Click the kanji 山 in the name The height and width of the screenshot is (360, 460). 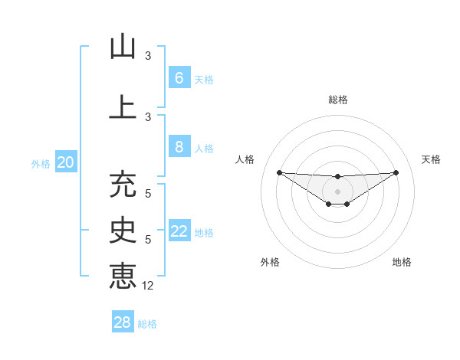click(x=123, y=47)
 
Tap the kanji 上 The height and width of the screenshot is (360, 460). click(x=123, y=106)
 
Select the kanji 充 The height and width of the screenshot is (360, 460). click(x=123, y=185)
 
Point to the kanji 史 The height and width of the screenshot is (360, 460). click(x=123, y=230)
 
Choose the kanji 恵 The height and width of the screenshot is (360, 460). click(x=123, y=274)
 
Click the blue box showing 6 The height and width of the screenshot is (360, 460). click(x=179, y=78)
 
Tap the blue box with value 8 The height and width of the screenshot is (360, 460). click(x=179, y=148)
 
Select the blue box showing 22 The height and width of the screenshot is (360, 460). click(x=179, y=231)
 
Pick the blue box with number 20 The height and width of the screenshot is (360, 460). click(x=65, y=162)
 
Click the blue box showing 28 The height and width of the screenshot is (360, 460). click(x=123, y=322)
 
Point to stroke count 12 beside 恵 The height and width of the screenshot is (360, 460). click(x=148, y=286)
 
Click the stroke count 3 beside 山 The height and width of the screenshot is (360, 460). click(x=148, y=56)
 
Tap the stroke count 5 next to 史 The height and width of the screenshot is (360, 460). click(x=148, y=240)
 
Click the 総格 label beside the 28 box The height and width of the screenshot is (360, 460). click(x=147, y=324)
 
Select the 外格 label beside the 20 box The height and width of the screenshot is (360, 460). click(x=41, y=163)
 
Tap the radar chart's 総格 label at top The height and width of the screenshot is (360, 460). click(x=337, y=100)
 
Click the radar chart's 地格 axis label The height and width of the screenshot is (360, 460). click(x=402, y=262)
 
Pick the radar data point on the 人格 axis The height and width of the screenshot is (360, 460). click(x=279, y=172)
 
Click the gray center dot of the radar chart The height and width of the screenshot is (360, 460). click(x=337, y=191)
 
